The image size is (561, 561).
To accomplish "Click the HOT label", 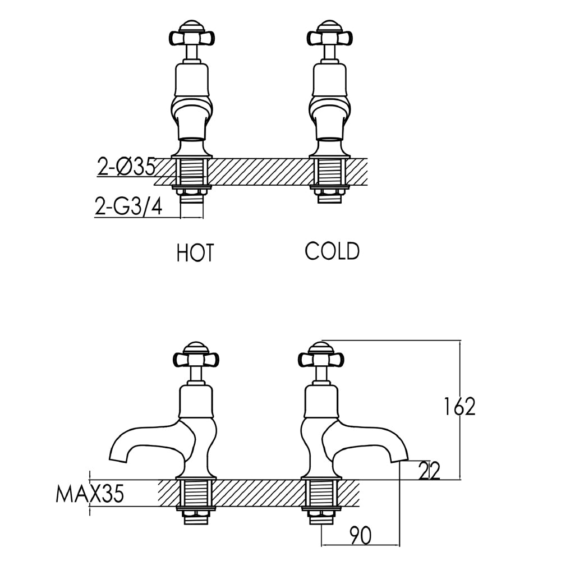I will tap(195, 253).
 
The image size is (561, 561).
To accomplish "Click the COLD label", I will tap(332, 251).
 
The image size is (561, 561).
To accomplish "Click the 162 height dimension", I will tap(459, 407).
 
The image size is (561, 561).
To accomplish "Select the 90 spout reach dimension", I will tap(360, 536).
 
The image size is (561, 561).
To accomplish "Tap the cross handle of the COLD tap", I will tap(330, 37).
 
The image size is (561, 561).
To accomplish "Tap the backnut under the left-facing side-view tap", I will tap(196, 510).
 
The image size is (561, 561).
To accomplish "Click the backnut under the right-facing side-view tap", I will tap(321, 510).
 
